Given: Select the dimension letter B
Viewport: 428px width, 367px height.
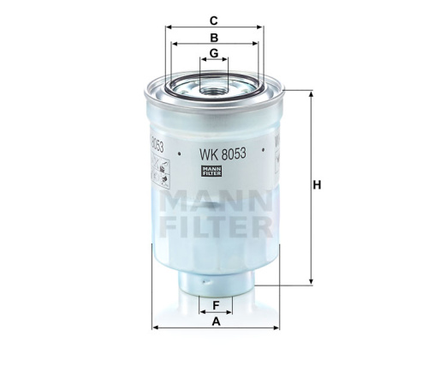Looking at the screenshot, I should tap(214, 38).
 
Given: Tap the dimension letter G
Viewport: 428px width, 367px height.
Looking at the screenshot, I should tap(214, 55).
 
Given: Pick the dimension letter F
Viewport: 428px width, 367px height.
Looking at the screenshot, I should tap(216, 304).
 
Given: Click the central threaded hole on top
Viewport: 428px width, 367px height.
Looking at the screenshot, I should tap(214, 87).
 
